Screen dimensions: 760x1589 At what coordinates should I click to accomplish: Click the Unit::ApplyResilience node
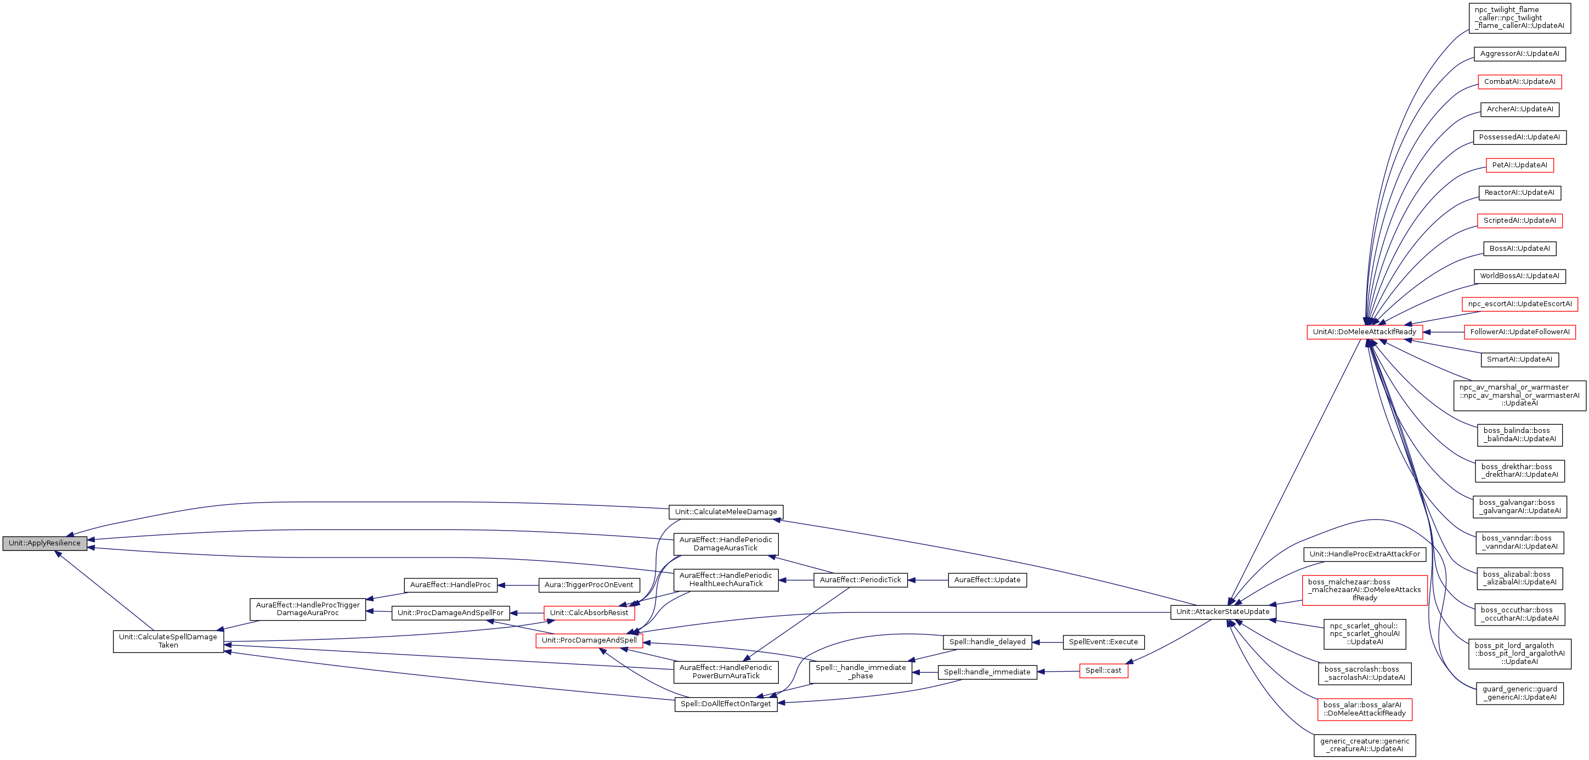(x=44, y=543)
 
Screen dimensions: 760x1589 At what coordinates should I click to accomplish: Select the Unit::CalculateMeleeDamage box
(x=726, y=512)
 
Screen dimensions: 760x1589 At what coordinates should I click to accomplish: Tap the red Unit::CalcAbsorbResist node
(x=589, y=613)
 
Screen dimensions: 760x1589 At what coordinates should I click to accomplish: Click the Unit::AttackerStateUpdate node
(x=1223, y=612)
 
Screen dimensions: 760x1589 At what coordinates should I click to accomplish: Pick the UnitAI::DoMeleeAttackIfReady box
(x=1365, y=332)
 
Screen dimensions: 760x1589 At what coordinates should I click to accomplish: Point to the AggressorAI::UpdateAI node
(x=1519, y=54)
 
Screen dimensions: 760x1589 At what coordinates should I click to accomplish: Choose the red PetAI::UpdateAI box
(x=1519, y=165)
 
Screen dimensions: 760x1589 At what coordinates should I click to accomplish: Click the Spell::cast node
(x=1103, y=671)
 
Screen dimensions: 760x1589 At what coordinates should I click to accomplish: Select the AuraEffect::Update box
(x=987, y=580)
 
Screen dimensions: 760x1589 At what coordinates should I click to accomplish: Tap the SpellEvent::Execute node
(x=1103, y=642)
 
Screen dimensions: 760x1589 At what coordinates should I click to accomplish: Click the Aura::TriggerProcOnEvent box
(x=589, y=585)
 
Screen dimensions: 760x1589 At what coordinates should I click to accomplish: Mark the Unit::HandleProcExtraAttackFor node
(x=1364, y=554)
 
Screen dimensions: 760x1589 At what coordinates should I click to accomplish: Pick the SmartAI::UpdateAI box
(x=1519, y=359)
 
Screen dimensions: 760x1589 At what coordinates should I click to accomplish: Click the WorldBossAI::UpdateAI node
(x=1519, y=277)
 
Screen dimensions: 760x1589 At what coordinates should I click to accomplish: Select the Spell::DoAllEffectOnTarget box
(x=726, y=704)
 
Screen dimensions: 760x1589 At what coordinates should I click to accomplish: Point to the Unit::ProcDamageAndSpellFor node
(x=450, y=613)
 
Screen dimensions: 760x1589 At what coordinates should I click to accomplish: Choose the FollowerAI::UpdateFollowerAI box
(x=1519, y=332)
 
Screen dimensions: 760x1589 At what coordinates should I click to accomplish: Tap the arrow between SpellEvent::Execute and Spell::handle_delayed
(x=1048, y=642)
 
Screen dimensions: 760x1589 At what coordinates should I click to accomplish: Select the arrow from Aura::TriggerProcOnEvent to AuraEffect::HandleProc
(x=518, y=585)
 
